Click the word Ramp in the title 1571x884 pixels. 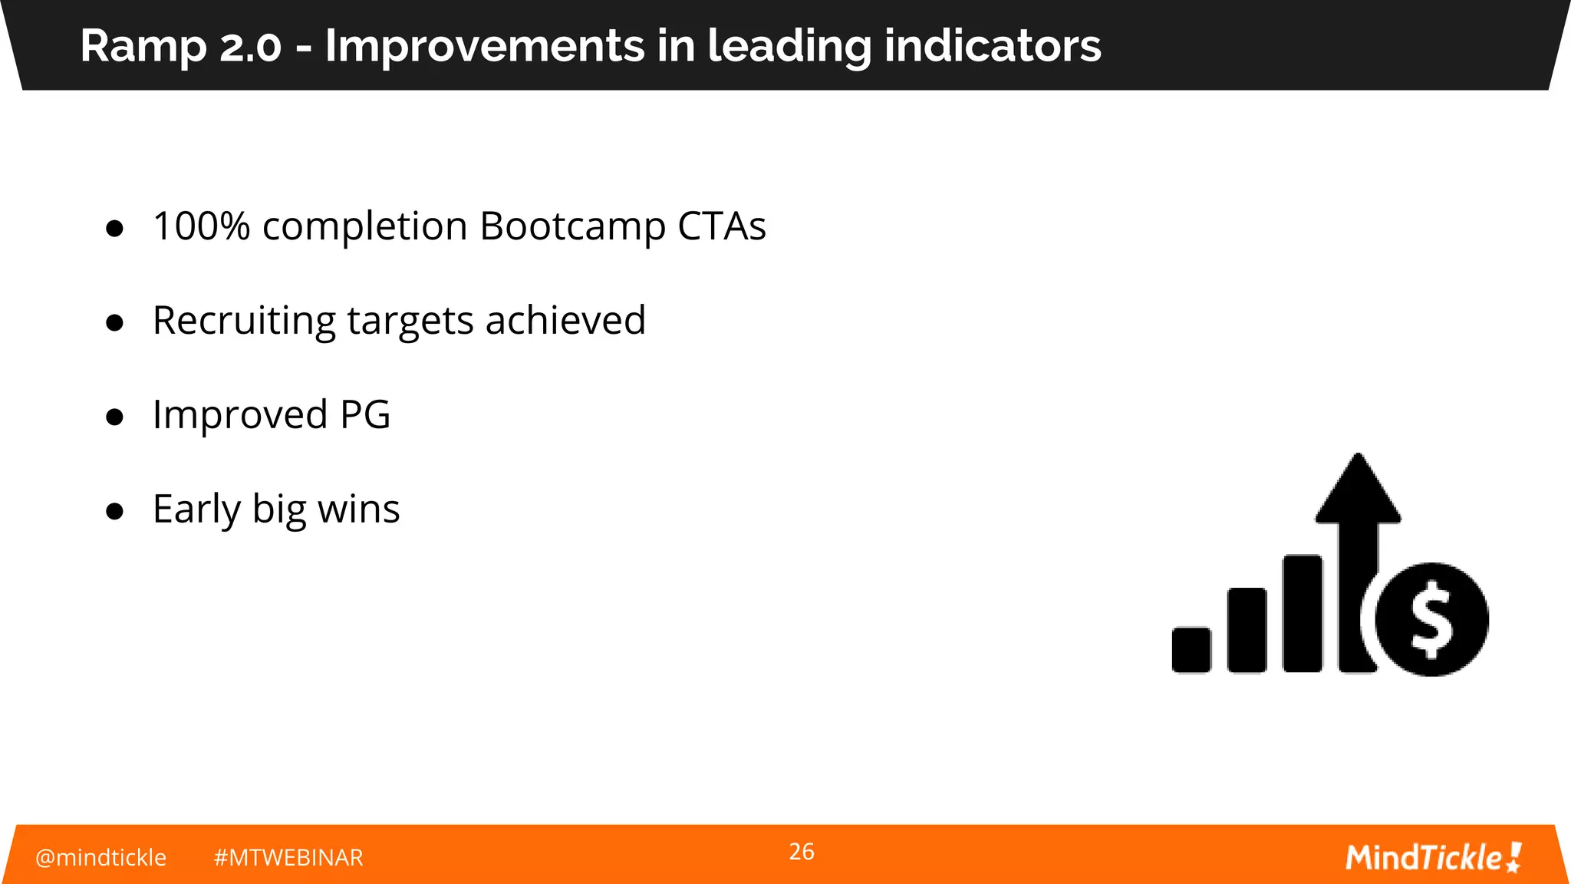pos(143,46)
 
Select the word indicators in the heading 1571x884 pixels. pos(993,46)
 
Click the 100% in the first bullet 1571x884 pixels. pos(201,226)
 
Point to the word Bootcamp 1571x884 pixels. pos(572,226)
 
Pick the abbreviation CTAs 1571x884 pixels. pos(721,226)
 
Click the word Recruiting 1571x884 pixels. pos(244,321)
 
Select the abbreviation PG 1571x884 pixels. pos(365,414)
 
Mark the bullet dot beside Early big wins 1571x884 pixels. pos(115,511)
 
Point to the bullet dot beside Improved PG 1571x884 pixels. pos(115,417)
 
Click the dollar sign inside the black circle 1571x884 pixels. pos(1431,620)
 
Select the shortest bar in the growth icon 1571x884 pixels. pos(1191,650)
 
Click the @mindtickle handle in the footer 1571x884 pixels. pos(100,857)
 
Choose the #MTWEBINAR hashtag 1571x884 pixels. pos(288,857)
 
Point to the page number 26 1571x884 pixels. pos(802,852)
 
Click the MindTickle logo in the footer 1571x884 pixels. pos(1433,857)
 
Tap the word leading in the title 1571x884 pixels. pos(789,46)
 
